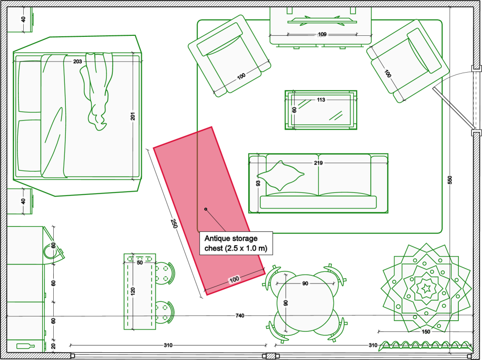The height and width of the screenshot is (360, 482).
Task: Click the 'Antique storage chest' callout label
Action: click(236, 243)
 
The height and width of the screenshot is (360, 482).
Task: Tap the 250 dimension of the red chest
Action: click(174, 224)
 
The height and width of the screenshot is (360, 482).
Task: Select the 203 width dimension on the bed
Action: click(77, 61)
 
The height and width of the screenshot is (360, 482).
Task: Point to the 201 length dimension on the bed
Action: click(133, 116)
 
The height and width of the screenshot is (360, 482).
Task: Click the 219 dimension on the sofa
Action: click(318, 163)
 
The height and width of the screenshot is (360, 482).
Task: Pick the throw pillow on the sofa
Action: click(280, 176)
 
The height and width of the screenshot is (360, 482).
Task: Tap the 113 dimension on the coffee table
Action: click(321, 100)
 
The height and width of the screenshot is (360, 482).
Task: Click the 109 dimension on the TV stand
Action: click(322, 34)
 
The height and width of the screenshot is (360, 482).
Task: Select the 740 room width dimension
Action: click(240, 315)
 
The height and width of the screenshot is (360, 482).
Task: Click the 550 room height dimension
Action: click(450, 180)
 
